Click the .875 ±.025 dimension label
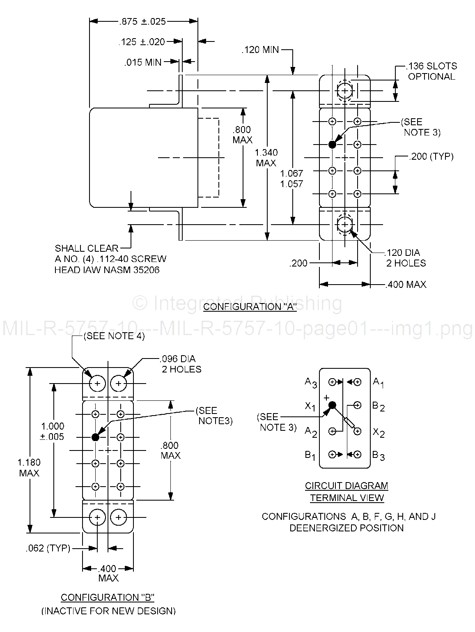pos(142,21)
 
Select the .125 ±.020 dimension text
pos(142,41)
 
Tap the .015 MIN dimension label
pos(143,62)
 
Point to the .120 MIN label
pos(260,50)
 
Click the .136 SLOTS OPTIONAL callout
pos(431,71)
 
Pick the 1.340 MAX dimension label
pos(266,158)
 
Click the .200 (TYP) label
pos(431,156)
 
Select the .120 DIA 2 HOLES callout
pos(405,258)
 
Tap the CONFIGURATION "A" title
pos(250,307)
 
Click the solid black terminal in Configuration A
pos(332,145)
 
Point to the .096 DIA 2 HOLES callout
pos(181,364)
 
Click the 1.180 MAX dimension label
pos(29,468)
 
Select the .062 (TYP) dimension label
pos(48,548)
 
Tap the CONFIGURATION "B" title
pos(108,598)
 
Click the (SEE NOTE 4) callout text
pos(114,336)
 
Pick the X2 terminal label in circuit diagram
pos(379,432)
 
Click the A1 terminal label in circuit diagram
pos(378,382)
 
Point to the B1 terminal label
pos(310,455)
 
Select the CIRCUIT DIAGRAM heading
pos(346,486)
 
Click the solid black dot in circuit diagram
pos(332,405)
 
